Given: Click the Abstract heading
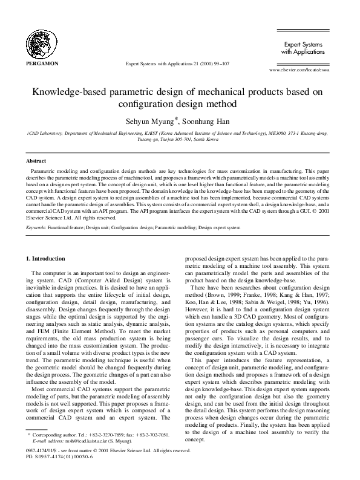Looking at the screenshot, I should pyautogui.click(x=36, y=161).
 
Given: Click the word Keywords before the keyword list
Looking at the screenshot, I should pyautogui.click(x=37, y=228).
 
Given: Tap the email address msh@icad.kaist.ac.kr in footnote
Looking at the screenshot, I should pyautogui.click(x=79, y=457).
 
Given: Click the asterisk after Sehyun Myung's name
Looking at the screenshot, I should pyautogui.click(x=176, y=117).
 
